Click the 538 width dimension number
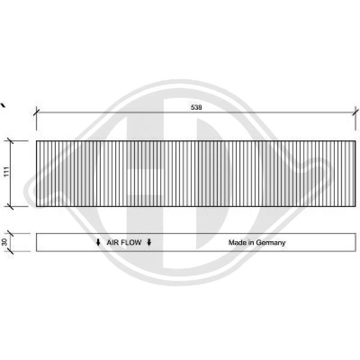coord(196,107)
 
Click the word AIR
coord(113,243)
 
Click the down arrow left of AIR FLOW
coord(98,243)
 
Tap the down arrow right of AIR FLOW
coord(149,243)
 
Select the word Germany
coord(271,243)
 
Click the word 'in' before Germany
coord(252,243)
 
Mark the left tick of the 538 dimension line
coord(36,111)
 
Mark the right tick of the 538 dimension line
coord(355,111)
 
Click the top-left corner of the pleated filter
coord(37,142)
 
